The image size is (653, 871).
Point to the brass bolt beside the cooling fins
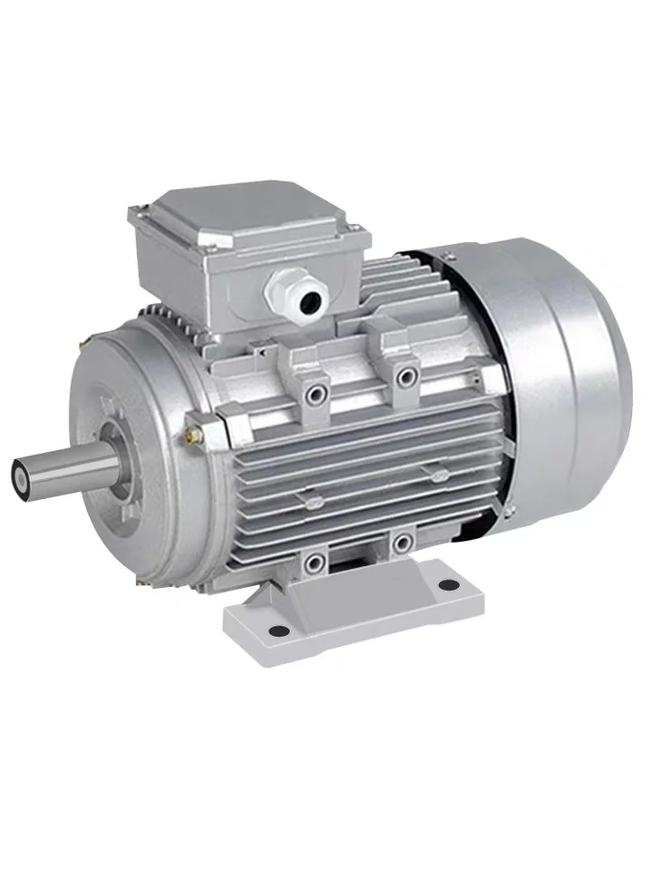click(x=191, y=422)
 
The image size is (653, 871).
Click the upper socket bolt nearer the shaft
click(x=317, y=393)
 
